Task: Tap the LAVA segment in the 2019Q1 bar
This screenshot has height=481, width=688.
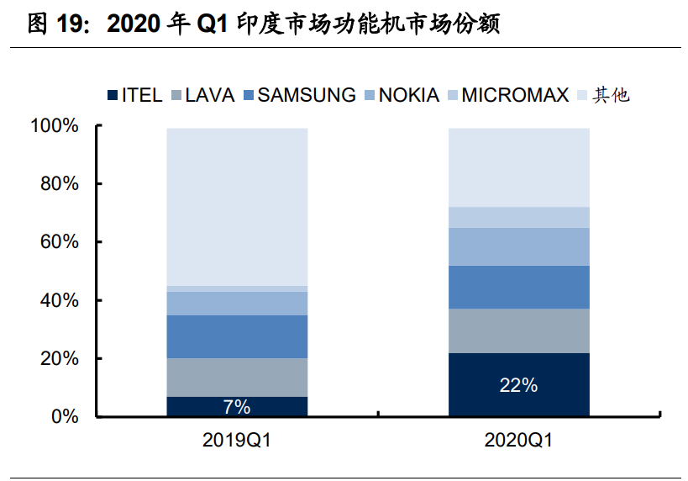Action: pos(237,378)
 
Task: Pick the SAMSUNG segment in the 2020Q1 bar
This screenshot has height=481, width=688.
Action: pos(518,287)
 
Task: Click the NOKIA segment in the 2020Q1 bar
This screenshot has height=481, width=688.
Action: pos(518,246)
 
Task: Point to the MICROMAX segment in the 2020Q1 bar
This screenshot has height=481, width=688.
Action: pos(518,217)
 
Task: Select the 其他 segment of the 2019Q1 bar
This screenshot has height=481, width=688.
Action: pos(237,207)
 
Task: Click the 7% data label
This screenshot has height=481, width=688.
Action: pos(237,407)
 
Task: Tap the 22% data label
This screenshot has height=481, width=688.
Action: pos(518,385)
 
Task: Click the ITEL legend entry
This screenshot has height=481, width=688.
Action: pos(134,95)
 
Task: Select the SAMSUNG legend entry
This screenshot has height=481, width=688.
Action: pos(298,95)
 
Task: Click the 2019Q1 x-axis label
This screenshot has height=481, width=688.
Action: pos(237,440)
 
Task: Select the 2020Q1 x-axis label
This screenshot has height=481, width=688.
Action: pos(518,440)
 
